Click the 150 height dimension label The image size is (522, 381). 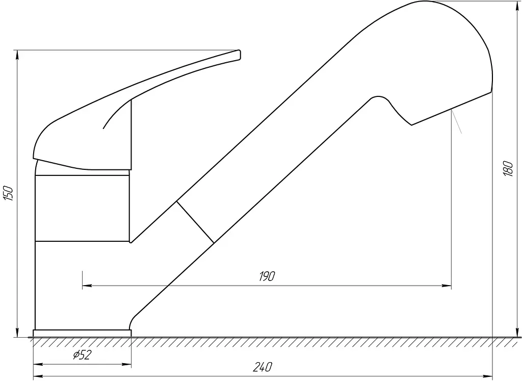9,193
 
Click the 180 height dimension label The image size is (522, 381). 508,168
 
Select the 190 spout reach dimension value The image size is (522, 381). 267,276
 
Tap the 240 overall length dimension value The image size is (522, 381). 263,367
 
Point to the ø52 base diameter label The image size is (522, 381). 82,355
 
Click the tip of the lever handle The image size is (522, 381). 240,55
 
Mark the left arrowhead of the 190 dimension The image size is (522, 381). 87,286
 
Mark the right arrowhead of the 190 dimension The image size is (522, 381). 447,286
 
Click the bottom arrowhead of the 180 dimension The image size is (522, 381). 517,332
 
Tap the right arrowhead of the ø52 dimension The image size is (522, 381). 126,364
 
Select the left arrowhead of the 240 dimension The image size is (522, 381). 38,376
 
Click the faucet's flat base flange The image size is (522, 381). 82,333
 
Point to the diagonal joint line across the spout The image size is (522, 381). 195,222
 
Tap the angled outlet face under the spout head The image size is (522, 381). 452,109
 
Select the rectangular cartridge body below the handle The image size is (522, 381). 82,208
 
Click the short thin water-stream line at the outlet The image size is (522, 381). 456,122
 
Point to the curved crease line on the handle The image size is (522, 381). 117,113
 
